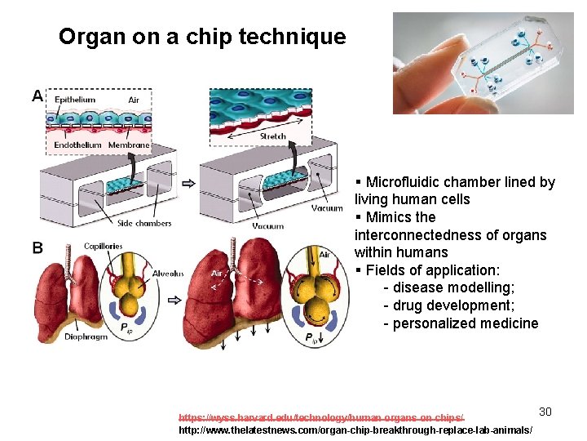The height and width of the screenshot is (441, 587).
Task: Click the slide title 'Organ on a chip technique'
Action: click(x=202, y=37)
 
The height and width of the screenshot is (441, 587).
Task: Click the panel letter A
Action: click(x=38, y=96)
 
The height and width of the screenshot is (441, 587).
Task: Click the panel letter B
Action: click(x=38, y=247)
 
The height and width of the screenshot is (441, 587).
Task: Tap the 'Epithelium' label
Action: click(x=74, y=100)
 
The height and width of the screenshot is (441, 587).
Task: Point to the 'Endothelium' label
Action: click(x=77, y=145)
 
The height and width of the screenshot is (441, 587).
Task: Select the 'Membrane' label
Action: click(x=129, y=145)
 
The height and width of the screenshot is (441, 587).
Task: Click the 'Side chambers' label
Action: click(x=144, y=223)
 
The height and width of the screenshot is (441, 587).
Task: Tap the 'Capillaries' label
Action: click(x=103, y=246)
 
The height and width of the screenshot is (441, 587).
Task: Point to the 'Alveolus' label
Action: click(x=167, y=274)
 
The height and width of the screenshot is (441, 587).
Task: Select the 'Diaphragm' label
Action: click(x=86, y=336)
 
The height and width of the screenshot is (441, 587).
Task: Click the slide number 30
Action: click(x=545, y=412)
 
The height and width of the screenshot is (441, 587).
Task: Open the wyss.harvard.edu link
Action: click(x=320, y=416)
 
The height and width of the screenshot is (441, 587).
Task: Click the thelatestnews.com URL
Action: click(x=355, y=430)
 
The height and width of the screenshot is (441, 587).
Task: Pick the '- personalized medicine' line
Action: click(x=461, y=323)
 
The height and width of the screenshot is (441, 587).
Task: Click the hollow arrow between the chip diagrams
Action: click(x=188, y=183)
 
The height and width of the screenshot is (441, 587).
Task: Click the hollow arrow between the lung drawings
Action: click(x=174, y=300)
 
